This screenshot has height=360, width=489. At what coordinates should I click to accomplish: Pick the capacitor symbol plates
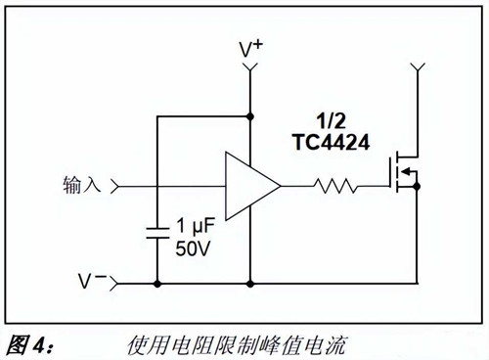pos(156,233)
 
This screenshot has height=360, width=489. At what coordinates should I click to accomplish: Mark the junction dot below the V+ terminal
pos(250,116)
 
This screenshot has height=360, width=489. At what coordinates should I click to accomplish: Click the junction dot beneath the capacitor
pos(156,285)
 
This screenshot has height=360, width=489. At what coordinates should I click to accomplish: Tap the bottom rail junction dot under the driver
pos(250,285)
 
